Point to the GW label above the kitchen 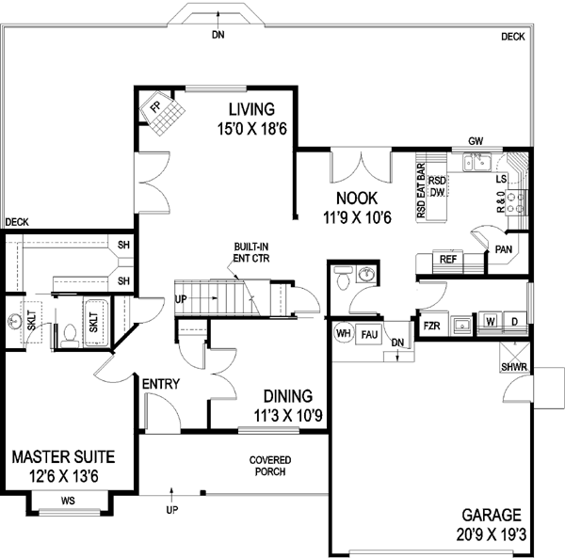click(x=476, y=142)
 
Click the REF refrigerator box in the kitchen click(x=449, y=260)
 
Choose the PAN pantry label click(x=503, y=250)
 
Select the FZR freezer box click(x=432, y=326)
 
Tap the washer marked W click(x=490, y=322)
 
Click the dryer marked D click(x=514, y=322)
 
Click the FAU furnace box click(x=368, y=332)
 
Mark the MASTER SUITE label click(x=63, y=457)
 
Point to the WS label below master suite click(x=68, y=502)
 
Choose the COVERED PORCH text click(x=269, y=466)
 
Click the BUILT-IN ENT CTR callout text click(x=253, y=250)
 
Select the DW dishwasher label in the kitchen click(x=437, y=192)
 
